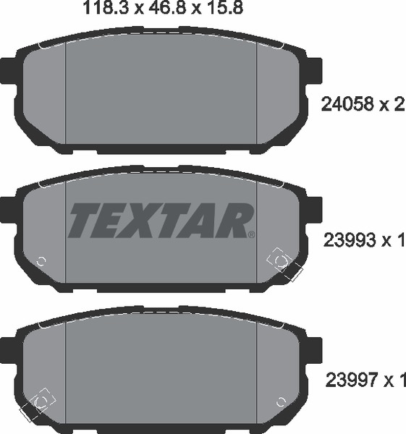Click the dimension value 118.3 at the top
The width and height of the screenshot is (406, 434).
coord(106,8)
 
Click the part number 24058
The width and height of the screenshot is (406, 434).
coord(347,104)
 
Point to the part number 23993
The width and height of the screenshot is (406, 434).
coord(349,240)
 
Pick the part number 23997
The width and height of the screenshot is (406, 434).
coord(352,380)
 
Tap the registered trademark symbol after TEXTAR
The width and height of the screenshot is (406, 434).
coord(251,234)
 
